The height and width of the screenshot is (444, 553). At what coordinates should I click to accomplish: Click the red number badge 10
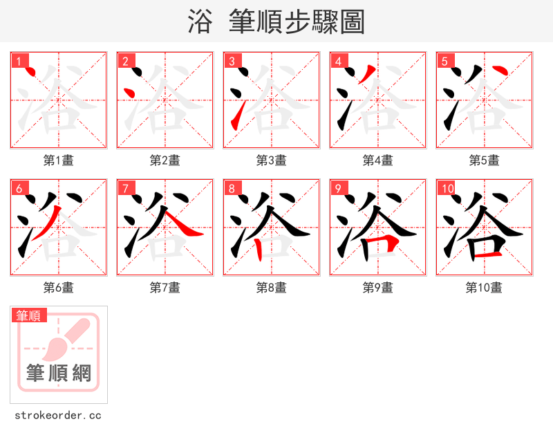pos(447,189)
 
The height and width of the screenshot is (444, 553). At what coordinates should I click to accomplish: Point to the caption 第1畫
pos(59,160)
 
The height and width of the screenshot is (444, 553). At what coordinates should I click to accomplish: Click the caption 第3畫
pos(272,160)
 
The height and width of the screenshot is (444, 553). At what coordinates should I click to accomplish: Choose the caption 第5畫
pos(485,160)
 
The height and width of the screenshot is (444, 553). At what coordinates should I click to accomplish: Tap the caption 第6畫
pos(59,288)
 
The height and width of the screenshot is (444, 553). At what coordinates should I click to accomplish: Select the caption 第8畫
pos(272,288)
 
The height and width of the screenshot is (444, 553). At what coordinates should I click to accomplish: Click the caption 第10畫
pos(485,288)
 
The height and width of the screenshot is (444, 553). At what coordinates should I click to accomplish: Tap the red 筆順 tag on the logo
pos(29,315)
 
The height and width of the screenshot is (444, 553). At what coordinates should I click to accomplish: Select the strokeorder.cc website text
pos(58,416)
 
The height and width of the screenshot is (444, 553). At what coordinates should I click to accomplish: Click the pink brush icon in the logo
pos(69,339)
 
